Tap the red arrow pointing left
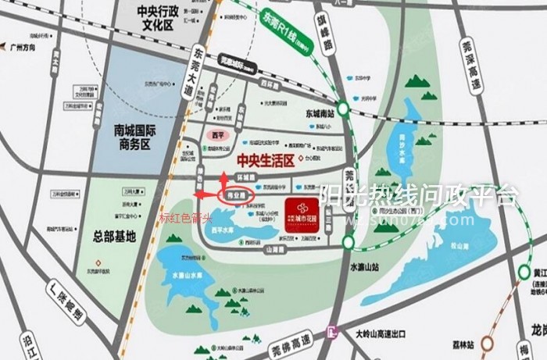pyautogui.click(x=206, y=194)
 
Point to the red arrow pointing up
pyautogui.click(x=225, y=179)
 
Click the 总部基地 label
pyautogui.click(x=114, y=236)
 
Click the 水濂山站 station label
pyautogui.click(x=366, y=268)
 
